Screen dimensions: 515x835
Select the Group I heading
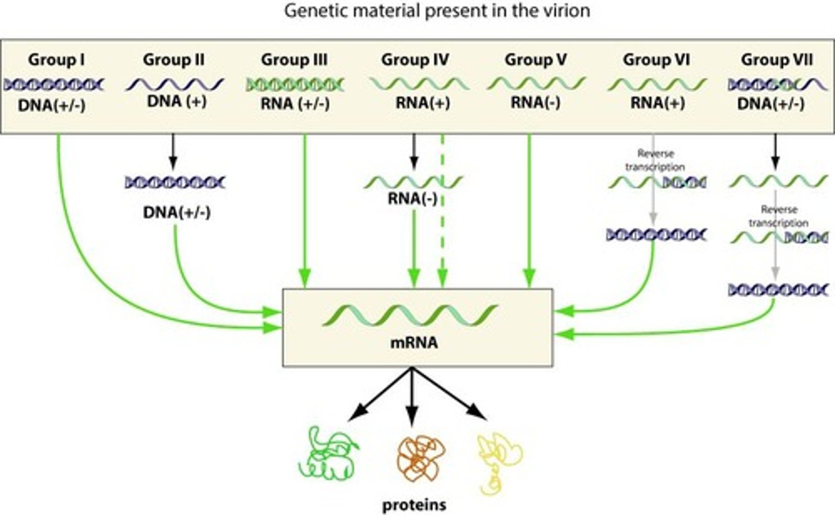[56, 60]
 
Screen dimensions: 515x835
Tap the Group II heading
[173, 60]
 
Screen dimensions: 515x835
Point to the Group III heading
[294, 60]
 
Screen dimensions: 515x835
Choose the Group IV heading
[415, 60]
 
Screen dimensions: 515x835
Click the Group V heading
[535, 60]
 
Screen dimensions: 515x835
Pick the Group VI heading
[656, 60]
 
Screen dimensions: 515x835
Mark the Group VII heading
[777, 60]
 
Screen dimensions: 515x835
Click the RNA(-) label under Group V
[535, 103]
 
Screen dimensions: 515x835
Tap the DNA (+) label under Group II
[177, 101]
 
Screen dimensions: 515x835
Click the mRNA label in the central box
[413, 343]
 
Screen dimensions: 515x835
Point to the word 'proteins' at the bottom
[414, 505]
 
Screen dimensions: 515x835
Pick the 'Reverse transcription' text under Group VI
[655, 160]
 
